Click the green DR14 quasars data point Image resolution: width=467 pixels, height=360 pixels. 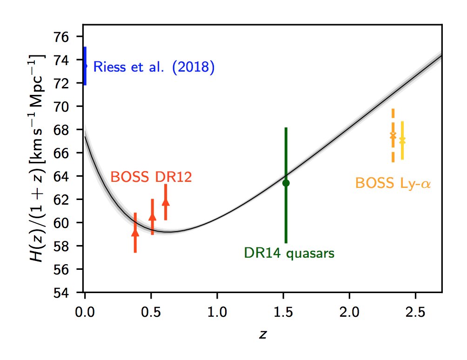(x=286, y=183)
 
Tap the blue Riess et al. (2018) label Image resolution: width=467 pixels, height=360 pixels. (x=154, y=67)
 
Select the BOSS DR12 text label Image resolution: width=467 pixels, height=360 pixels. (x=151, y=177)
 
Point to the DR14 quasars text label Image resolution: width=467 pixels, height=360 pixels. (x=289, y=253)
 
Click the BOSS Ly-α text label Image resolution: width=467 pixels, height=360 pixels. (x=393, y=183)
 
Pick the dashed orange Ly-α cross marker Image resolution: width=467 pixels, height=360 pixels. (x=393, y=135)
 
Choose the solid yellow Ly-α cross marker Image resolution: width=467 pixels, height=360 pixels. (x=402, y=140)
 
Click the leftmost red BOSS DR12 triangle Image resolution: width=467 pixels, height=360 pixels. (x=135, y=232)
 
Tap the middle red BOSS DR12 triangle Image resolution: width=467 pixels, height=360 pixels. (x=152, y=216)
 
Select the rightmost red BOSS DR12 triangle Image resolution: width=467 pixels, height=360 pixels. (x=166, y=201)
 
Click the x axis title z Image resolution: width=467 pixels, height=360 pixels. (x=263, y=334)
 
